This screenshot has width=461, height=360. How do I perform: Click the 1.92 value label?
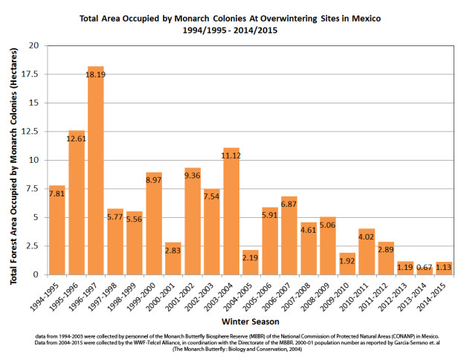pos(347,260)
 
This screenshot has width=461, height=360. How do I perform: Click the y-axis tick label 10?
pos(31,160)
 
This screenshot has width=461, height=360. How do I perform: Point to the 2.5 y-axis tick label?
pos(29,246)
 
